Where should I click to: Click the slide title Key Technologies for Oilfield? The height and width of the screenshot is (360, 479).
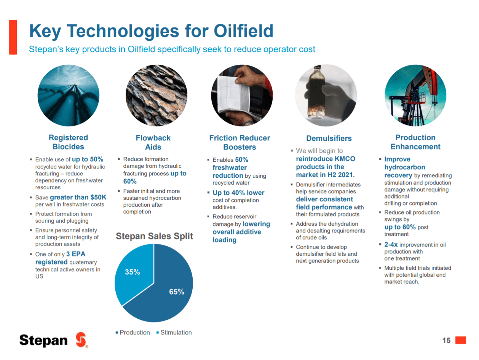[x=151, y=31]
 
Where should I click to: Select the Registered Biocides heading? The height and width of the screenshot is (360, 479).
[x=68, y=142]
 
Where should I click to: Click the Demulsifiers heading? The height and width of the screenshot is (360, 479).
[x=329, y=139]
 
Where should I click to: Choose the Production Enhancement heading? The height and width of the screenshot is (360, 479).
[x=415, y=142]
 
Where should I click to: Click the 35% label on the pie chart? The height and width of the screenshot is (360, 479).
[x=133, y=272]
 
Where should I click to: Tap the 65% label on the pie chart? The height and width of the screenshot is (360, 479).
[x=176, y=292]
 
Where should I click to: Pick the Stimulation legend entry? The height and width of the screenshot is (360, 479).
[x=174, y=333]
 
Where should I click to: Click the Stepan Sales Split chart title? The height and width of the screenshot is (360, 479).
[x=154, y=236]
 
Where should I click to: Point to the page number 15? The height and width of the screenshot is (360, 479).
[x=446, y=341]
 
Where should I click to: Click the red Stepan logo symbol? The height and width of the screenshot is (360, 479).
[x=81, y=340]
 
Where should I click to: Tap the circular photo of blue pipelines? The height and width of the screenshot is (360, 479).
[x=69, y=96]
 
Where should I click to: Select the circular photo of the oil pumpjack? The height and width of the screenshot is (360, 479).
[x=415, y=96]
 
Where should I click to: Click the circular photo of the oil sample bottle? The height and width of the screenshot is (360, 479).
[x=326, y=96]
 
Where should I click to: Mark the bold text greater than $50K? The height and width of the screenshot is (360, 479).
[x=78, y=198]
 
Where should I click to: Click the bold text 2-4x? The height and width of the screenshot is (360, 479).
[x=391, y=245]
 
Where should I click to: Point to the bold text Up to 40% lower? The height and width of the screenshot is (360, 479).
[x=238, y=193]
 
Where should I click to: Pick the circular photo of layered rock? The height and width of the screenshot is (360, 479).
[x=156, y=96]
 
